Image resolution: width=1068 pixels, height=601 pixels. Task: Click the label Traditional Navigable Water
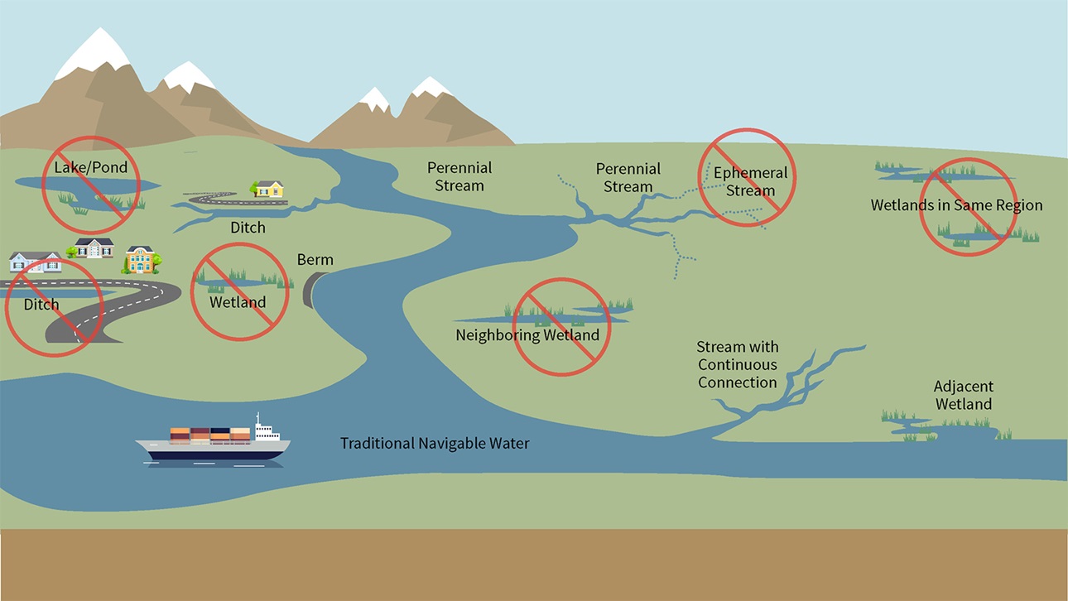click(435, 444)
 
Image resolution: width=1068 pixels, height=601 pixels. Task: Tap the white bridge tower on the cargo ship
click(265, 431)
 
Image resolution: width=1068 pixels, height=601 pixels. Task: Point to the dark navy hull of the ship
click(215, 452)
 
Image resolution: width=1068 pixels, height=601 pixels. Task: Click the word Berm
click(315, 260)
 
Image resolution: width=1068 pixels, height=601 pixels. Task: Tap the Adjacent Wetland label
click(963, 396)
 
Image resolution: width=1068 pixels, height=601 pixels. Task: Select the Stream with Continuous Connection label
click(738, 365)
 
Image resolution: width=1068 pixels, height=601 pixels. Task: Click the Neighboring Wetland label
click(527, 335)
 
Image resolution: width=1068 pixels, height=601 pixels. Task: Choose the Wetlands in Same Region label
click(956, 205)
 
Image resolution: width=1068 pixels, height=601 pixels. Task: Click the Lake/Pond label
click(91, 168)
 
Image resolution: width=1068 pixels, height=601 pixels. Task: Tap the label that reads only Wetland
click(238, 301)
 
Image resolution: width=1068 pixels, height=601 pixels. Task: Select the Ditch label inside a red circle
click(41, 305)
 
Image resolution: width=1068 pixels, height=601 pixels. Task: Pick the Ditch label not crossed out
click(248, 227)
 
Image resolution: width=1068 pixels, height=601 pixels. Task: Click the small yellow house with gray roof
click(269, 189)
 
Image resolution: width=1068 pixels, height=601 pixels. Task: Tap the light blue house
click(35, 262)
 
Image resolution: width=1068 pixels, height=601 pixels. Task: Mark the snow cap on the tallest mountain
click(94, 50)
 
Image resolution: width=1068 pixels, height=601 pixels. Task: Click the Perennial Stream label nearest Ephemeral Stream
click(628, 177)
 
